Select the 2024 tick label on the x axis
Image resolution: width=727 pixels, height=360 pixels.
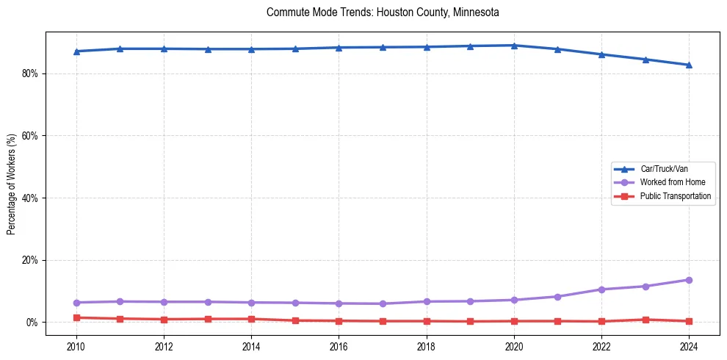689,346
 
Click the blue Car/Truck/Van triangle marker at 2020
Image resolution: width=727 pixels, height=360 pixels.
514,46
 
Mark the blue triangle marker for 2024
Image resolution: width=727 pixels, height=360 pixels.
689,65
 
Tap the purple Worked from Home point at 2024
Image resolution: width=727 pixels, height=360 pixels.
689,280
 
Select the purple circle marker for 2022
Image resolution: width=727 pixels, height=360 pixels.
601,289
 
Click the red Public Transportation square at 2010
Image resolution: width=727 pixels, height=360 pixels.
76,317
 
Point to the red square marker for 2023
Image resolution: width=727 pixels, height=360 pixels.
645,320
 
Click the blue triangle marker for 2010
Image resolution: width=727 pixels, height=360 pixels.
76,51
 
